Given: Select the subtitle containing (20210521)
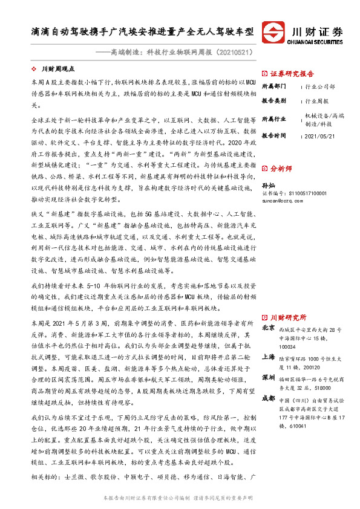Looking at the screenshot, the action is tap(176, 53).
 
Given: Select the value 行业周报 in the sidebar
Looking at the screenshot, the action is tap(318, 102).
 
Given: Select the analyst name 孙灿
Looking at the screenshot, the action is tap(269, 186).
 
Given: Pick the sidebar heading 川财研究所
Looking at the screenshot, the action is tap(288, 317).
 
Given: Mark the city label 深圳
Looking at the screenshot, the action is tap(269, 377).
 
